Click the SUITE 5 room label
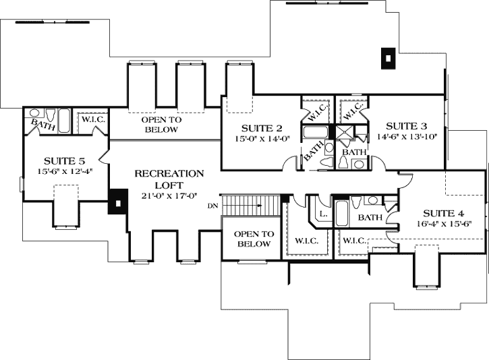65,160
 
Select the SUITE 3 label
405,125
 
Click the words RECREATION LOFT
169,178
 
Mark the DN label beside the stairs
213,205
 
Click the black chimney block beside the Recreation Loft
119,202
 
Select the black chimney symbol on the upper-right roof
387,59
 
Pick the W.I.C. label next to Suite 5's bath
91,120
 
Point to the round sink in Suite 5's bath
35,113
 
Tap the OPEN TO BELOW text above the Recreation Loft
161,125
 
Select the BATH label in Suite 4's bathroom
370,218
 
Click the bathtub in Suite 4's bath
341,214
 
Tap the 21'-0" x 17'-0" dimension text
169,197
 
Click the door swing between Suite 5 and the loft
103,160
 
